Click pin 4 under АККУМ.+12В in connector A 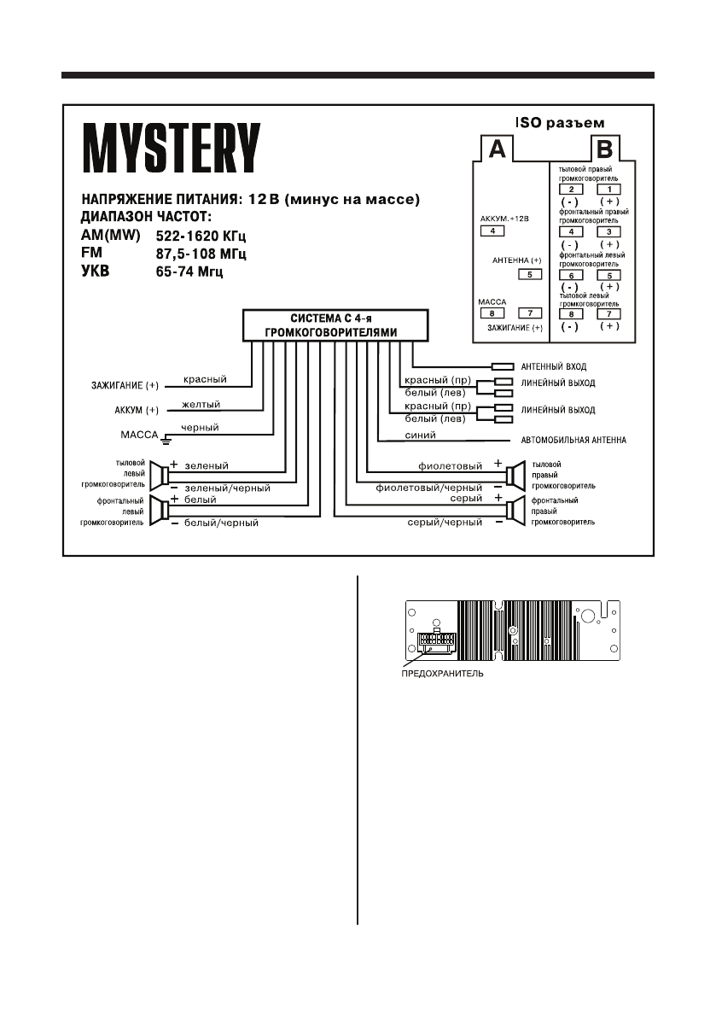pos(492,231)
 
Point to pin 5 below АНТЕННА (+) pos(530,275)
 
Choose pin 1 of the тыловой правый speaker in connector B pos(609,189)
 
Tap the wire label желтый pos(202,404)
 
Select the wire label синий pos(422,435)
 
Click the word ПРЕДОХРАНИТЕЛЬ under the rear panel pos(442,673)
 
